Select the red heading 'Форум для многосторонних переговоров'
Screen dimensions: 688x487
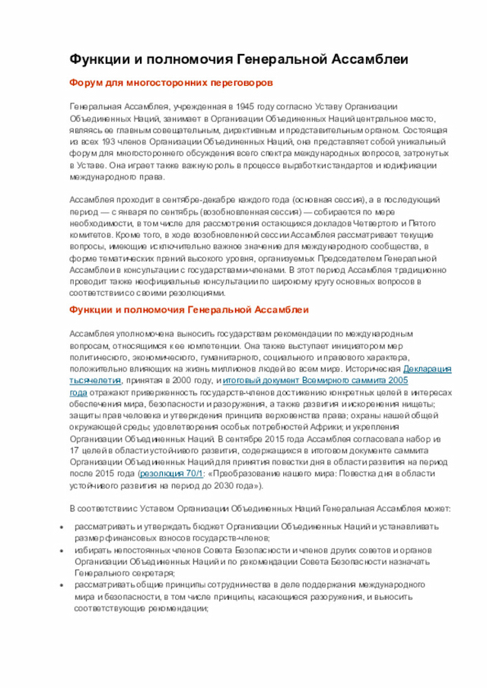[171, 82]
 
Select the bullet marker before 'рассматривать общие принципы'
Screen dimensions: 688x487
[62, 585]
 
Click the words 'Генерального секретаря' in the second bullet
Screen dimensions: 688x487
[125, 572]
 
